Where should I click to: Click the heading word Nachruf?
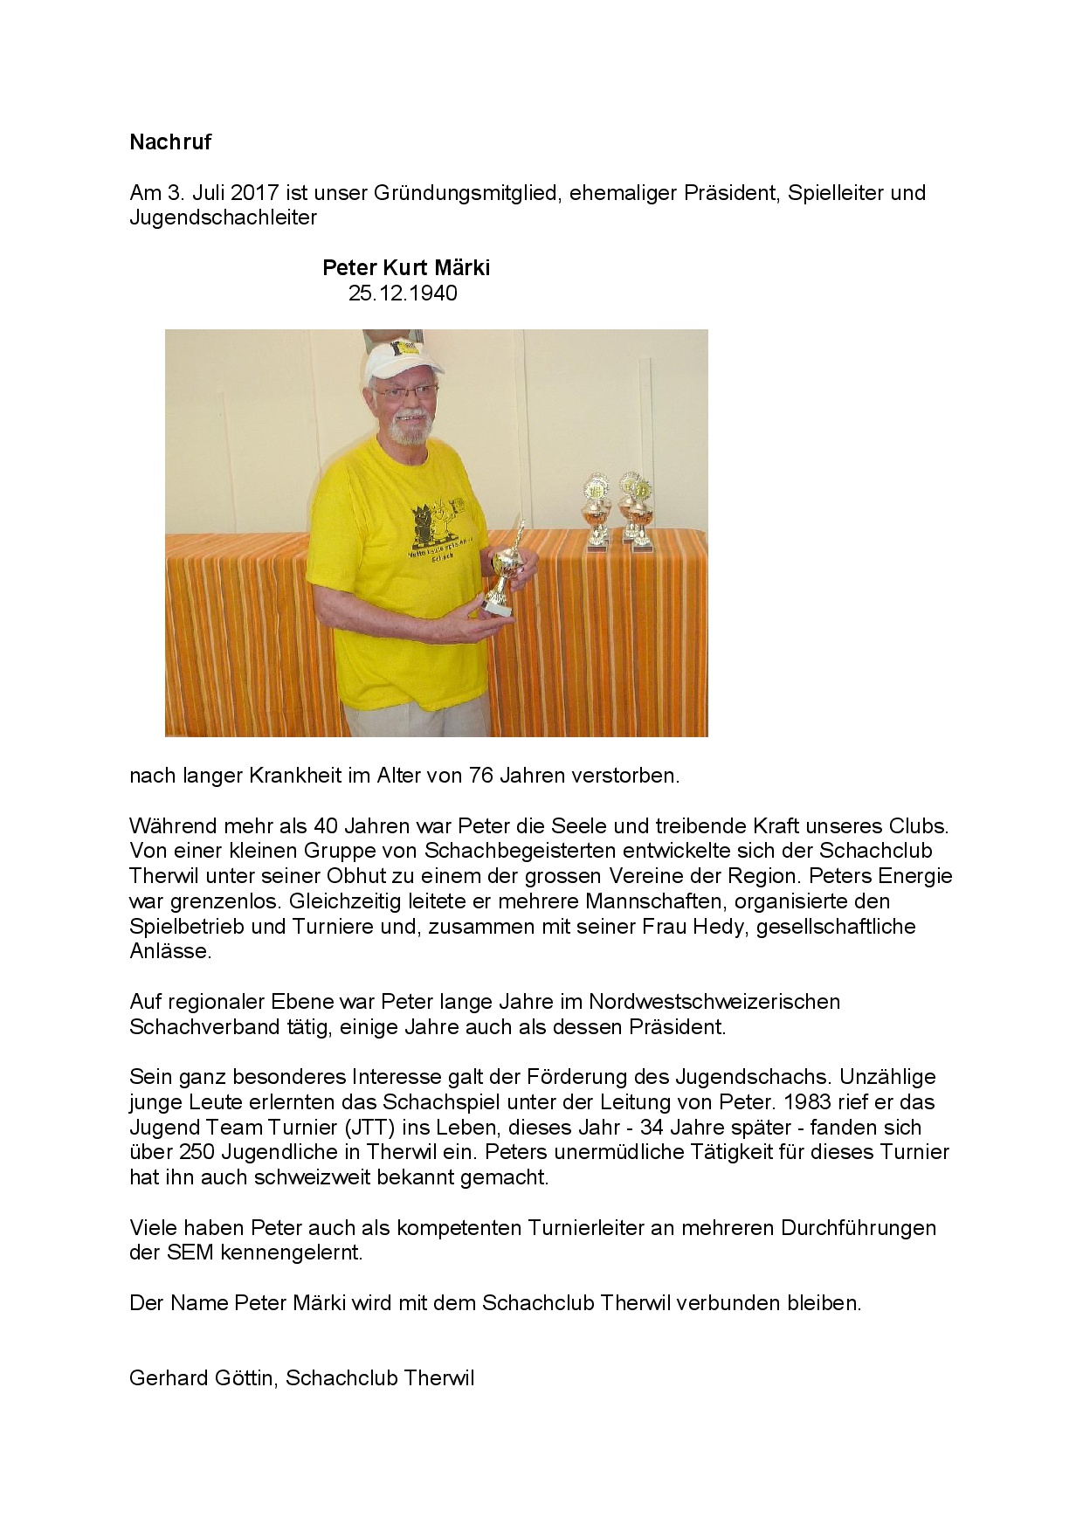(x=170, y=142)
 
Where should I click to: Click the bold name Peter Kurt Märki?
(x=406, y=267)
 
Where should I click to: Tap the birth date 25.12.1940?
(x=403, y=293)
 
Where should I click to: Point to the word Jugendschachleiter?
(x=223, y=217)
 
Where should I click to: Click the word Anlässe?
(x=170, y=951)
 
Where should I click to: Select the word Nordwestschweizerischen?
(x=714, y=1001)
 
